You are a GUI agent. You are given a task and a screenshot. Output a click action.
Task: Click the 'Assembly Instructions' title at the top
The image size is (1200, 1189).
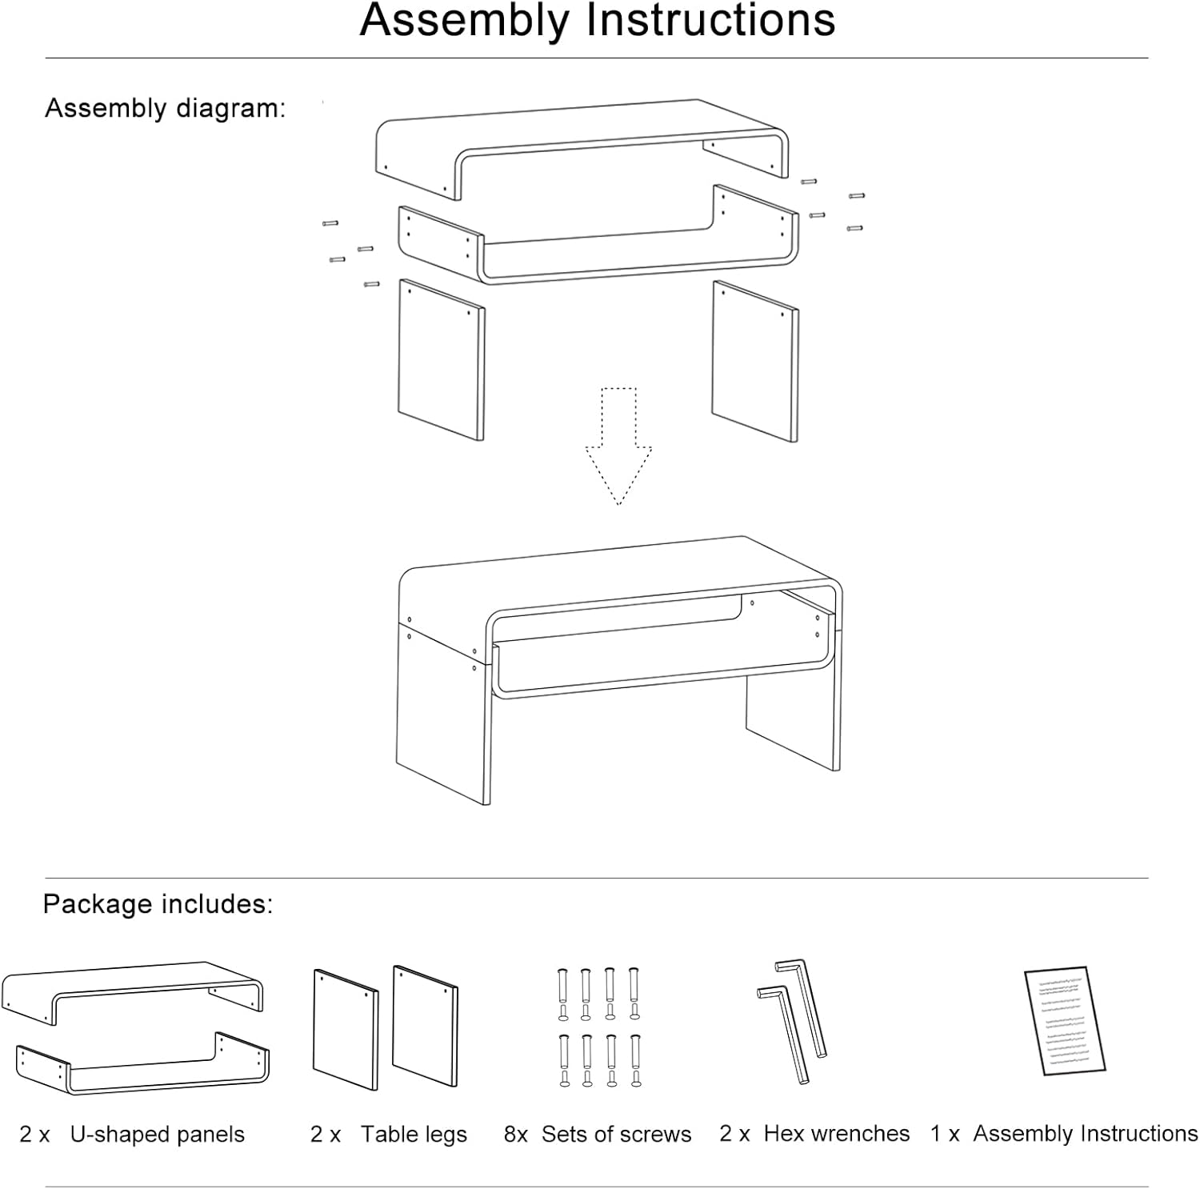pos(598,21)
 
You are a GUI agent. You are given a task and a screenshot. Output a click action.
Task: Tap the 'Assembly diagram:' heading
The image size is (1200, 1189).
pos(165,108)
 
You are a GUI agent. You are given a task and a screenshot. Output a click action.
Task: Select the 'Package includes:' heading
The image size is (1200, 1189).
pos(158,904)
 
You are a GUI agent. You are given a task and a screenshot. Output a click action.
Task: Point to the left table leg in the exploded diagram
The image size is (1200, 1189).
pos(440,360)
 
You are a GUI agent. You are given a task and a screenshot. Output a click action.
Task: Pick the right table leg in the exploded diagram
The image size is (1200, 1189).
pos(754,361)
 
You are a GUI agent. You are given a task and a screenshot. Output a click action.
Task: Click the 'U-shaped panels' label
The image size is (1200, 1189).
pos(158,1135)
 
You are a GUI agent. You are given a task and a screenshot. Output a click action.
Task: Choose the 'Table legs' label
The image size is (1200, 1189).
pos(414,1135)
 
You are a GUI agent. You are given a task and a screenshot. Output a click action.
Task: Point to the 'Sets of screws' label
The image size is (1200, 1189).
pos(616,1135)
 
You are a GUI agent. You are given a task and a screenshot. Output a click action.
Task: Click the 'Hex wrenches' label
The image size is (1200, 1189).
pos(837,1134)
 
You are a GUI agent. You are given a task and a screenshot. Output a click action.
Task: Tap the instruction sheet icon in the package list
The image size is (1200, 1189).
pos(1065,1021)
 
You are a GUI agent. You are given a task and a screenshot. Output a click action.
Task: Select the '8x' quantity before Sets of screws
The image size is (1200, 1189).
pos(516,1135)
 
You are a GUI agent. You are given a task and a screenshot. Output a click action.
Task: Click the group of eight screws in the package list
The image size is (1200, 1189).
pos(598,1027)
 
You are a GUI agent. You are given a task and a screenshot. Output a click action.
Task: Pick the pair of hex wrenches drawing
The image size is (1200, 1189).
pos(792,1020)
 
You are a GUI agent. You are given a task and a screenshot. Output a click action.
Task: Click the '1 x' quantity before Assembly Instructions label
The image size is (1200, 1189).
pos(945,1134)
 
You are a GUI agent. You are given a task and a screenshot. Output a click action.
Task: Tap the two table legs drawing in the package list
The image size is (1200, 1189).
pos(384,1028)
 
